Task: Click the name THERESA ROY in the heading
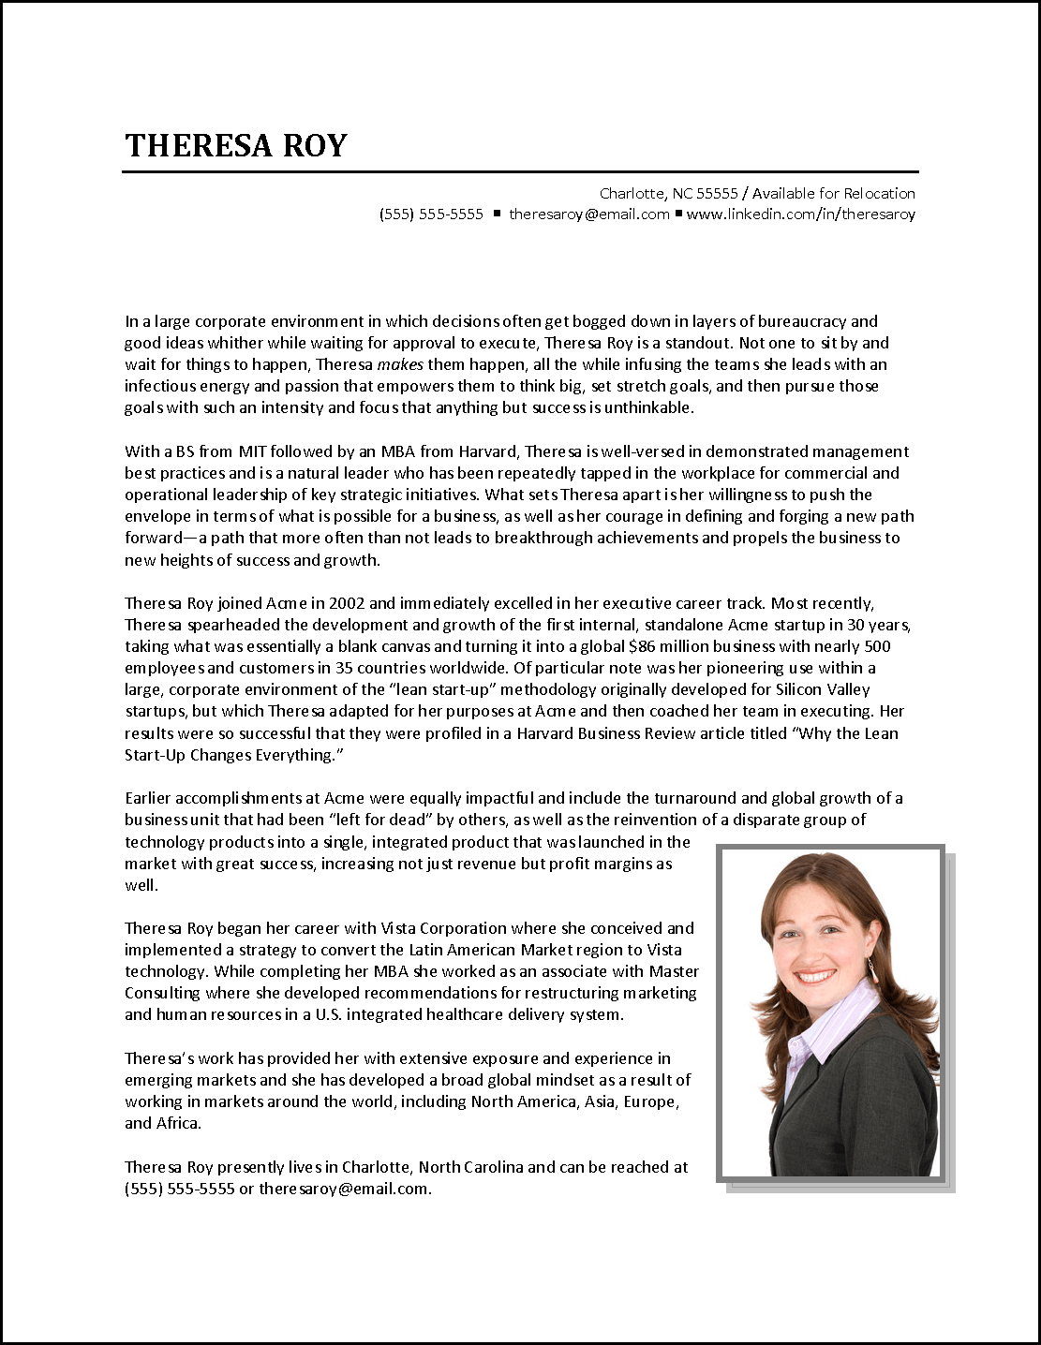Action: pyautogui.click(x=235, y=146)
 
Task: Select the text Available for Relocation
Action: pyautogui.click(x=833, y=194)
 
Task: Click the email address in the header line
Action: pyautogui.click(x=588, y=214)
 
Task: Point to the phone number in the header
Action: pyautogui.click(x=431, y=214)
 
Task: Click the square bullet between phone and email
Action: pyautogui.click(x=497, y=214)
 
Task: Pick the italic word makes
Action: pyautogui.click(x=399, y=364)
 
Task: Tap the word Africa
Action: pyautogui.click(x=177, y=1123)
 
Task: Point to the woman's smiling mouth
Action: pyautogui.click(x=820, y=976)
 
